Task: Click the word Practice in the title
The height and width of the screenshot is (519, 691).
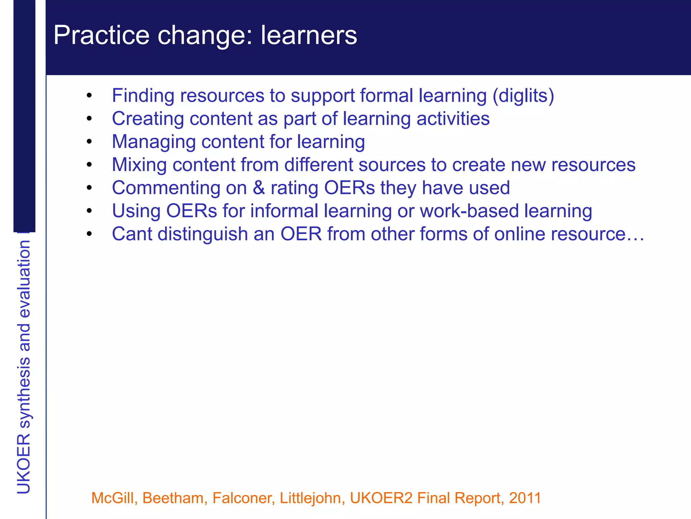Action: (x=101, y=35)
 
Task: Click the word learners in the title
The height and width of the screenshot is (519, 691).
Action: (x=308, y=35)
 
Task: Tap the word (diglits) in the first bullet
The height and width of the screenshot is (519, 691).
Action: (x=523, y=96)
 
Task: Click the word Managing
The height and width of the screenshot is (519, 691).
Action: (x=154, y=142)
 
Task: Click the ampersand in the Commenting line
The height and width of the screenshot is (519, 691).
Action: (x=259, y=188)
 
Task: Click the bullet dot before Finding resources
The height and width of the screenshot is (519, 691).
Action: (x=89, y=96)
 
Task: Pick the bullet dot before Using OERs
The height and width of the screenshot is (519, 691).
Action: (x=89, y=211)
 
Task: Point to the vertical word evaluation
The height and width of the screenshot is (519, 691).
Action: (x=24, y=279)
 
